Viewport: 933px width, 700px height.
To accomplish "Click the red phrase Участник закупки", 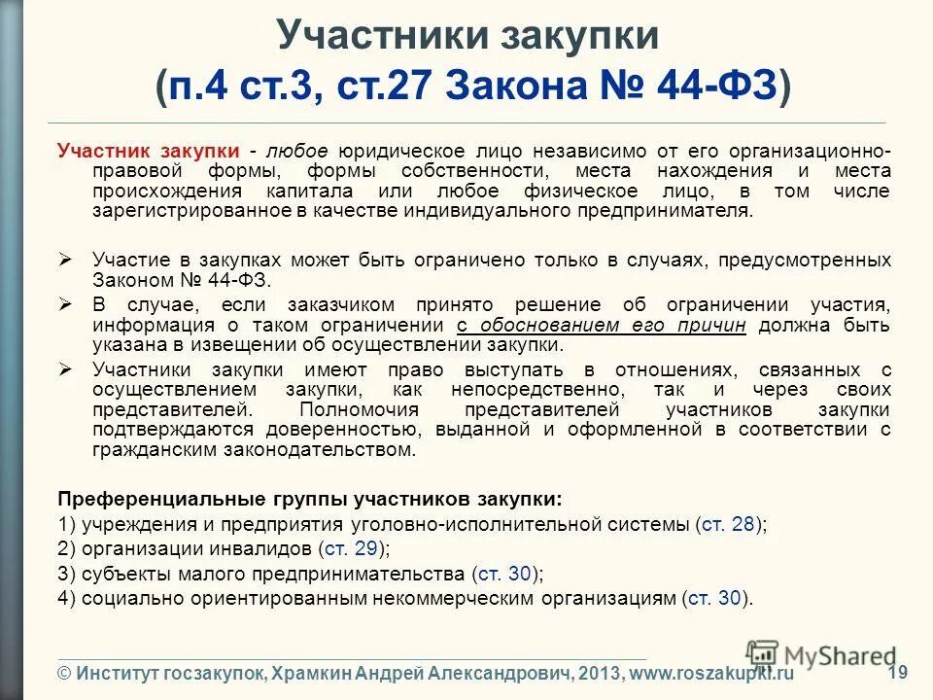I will click(x=148, y=152).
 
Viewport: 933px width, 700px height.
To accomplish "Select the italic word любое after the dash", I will click(x=295, y=152).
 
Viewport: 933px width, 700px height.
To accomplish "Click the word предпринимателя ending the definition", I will click(x=668, y=210).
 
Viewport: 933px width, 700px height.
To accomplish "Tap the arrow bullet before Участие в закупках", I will click(x=66, y=260).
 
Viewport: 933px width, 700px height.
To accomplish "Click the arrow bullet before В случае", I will click(x=66, y=303).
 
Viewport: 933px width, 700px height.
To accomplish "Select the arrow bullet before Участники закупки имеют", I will click(x=66, y=369).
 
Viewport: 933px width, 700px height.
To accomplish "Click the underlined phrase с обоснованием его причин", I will click(x=601, y=325).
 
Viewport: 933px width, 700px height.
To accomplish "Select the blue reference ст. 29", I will click(x=348, y=548).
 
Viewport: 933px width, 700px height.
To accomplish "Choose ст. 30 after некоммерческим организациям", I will click(x=716, y=598).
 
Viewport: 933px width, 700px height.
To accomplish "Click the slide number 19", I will click(x=897, y=671).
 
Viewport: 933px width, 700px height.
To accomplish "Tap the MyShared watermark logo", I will click(x=821, y=654).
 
